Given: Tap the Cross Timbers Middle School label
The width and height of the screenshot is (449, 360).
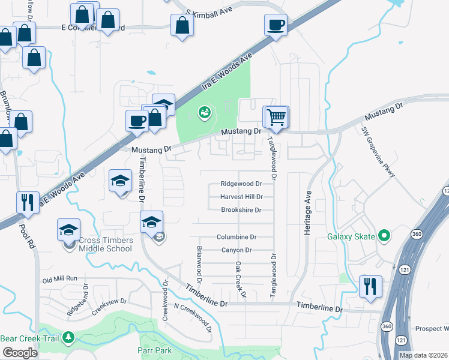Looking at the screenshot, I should (105, 244).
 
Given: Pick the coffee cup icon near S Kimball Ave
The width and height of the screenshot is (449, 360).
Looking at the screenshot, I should (276, 26).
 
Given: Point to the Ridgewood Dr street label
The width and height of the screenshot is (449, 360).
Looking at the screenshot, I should (241, 184).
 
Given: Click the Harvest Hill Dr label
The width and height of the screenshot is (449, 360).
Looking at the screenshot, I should (241, 197).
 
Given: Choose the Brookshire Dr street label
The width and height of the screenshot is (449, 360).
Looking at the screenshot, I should (241, 210).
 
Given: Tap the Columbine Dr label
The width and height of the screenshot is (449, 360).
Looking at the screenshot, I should (237, 237).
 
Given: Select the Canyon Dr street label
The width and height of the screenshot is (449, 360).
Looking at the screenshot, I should (236, 250).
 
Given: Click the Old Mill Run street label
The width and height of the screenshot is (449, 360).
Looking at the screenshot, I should (60, 279).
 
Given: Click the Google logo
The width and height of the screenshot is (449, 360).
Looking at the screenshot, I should (20, 353).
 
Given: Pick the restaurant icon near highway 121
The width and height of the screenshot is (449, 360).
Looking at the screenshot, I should (369, 286).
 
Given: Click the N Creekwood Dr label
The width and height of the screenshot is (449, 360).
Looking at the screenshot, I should (193, 317).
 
